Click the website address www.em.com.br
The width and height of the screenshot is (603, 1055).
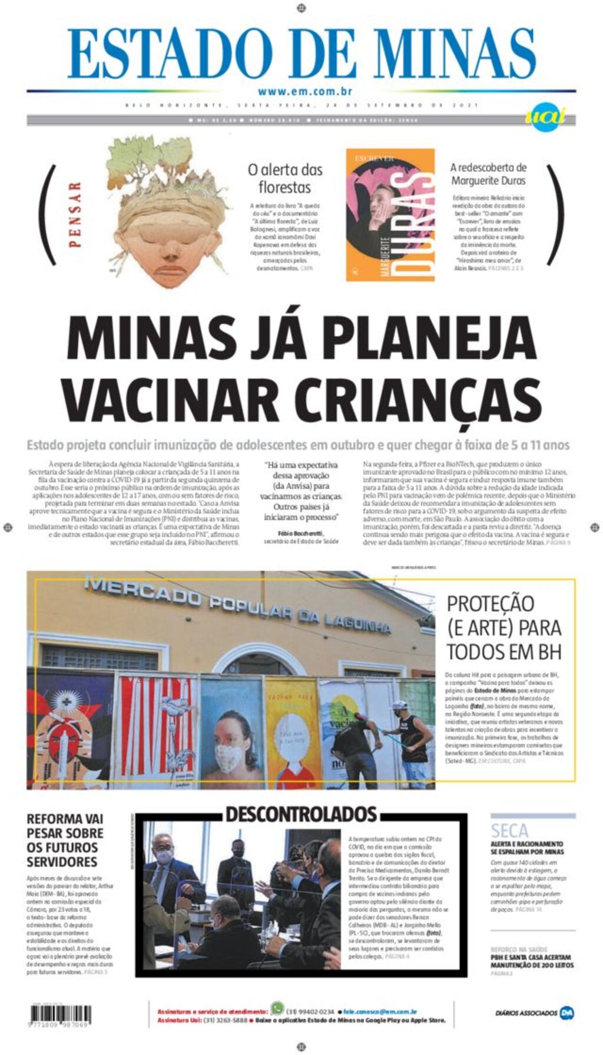pyautogui.click(x=304, y=91)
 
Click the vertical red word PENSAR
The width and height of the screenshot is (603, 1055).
pyautogui.click(x=75, y=214)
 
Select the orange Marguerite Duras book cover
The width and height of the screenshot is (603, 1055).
pyautogui.click(x=390, y=215)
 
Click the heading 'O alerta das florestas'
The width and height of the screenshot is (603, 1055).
pyautogui.click(x=285, y=178)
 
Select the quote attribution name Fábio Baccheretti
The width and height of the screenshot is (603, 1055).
pyautogui.click(x=300, y=533)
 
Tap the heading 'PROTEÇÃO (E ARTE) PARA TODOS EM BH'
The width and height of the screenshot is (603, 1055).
pyautogui.click(x=504, y=628)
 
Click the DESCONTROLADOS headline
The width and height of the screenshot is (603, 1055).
pyautogui.click(x=301, y=814)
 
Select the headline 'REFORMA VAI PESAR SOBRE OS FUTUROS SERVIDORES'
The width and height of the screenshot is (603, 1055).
pyautogui.click(x=65, y=840)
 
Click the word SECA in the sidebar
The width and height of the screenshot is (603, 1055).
pyautogui.click(x=509, y=831)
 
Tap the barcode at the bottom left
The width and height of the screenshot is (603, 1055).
pyautogui.click(x=61, y=1015)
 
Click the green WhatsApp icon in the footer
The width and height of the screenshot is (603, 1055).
pyautogui.click(x=277, y=1007)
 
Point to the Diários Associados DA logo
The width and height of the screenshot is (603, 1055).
pyautogui.click(x=566, y=1013)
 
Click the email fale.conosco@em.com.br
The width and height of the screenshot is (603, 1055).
pyautogui.click(x=380, y=1011)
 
